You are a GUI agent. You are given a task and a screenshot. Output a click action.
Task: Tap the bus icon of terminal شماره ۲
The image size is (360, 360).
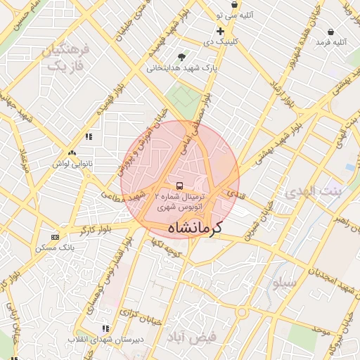[180, 186]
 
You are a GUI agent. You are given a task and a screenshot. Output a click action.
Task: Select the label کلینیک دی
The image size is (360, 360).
[220, 42]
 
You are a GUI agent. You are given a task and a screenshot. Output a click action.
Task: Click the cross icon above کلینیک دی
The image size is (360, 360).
[220, 31]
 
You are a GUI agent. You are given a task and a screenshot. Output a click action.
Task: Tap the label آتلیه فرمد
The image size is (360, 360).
[330, 43]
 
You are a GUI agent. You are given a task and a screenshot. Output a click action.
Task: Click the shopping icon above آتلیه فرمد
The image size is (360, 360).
[330, 32]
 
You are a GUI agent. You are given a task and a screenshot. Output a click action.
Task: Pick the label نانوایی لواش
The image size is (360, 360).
[71, 163]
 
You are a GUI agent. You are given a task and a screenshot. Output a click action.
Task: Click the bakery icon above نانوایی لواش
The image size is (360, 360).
[71, 153]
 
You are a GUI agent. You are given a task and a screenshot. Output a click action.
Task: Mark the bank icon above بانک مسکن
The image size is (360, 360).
[56, 237]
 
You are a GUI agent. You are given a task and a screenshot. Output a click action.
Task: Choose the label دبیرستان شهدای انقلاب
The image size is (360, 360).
[105, 340]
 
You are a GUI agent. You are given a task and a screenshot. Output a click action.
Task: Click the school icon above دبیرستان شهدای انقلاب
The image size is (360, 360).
[105, 328]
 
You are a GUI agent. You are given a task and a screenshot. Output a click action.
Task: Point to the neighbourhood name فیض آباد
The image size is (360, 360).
[191, 337]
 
